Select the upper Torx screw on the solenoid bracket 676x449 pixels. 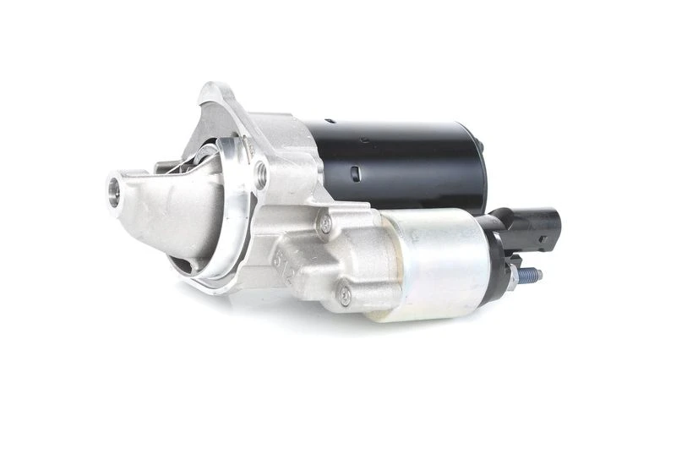click(x=325, y=224)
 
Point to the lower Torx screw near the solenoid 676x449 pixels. click(x=345, y=295)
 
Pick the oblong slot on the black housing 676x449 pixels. click(x=356, y=174)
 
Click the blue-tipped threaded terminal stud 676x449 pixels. click(x=532, y=275)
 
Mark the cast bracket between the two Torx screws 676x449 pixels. click(x=334, y=258)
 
